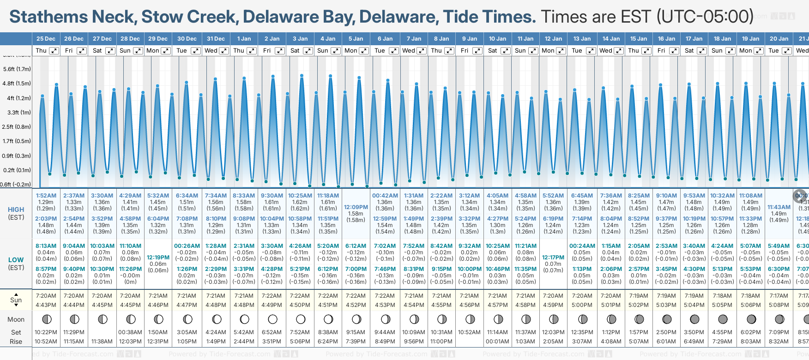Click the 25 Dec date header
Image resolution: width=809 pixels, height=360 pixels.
click(x=46, y=39)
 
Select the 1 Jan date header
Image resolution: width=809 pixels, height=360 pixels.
click(x=244, y=39)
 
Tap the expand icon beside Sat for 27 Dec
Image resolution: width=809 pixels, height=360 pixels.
click(x=110, y=51)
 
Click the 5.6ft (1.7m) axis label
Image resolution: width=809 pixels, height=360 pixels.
click(x=17, y=69)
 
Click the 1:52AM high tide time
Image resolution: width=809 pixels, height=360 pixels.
click(x=46, y=196)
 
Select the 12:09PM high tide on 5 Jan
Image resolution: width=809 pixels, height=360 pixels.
click(x=356, y=207)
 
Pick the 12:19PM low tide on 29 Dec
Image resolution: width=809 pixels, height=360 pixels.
click(x=158, y=258)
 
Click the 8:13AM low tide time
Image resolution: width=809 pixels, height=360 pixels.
click(x=46, y=246)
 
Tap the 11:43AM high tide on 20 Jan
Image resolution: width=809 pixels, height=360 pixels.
click(x=779, y=207)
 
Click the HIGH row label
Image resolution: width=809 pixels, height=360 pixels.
click(x=16, y=210)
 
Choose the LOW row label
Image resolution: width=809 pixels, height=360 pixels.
click(x=16, y=260)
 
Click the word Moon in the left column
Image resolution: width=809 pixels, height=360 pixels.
click(x=16, y=319)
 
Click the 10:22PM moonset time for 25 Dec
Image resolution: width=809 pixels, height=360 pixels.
click(x=46, y=332)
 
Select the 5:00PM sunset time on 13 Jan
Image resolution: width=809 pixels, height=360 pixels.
click(x=581, y=305)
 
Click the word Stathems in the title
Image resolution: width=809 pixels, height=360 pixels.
click(x=48, y=17)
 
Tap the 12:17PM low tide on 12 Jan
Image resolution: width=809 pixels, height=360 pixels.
click(x=553, y=258)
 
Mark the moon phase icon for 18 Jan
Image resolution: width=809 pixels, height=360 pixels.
click(x=723, y=319)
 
